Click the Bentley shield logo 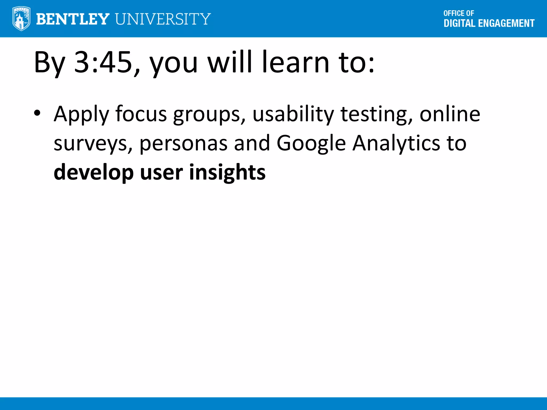click(x=21, y=19)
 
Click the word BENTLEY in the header click(x=72, y=19)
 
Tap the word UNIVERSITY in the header click(x=163, y=19)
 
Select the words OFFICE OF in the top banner click(x=459, y=13)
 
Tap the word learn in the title click(x=296, y=62)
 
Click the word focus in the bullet click(x=141, y=114)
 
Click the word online click(x=450, y=114)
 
